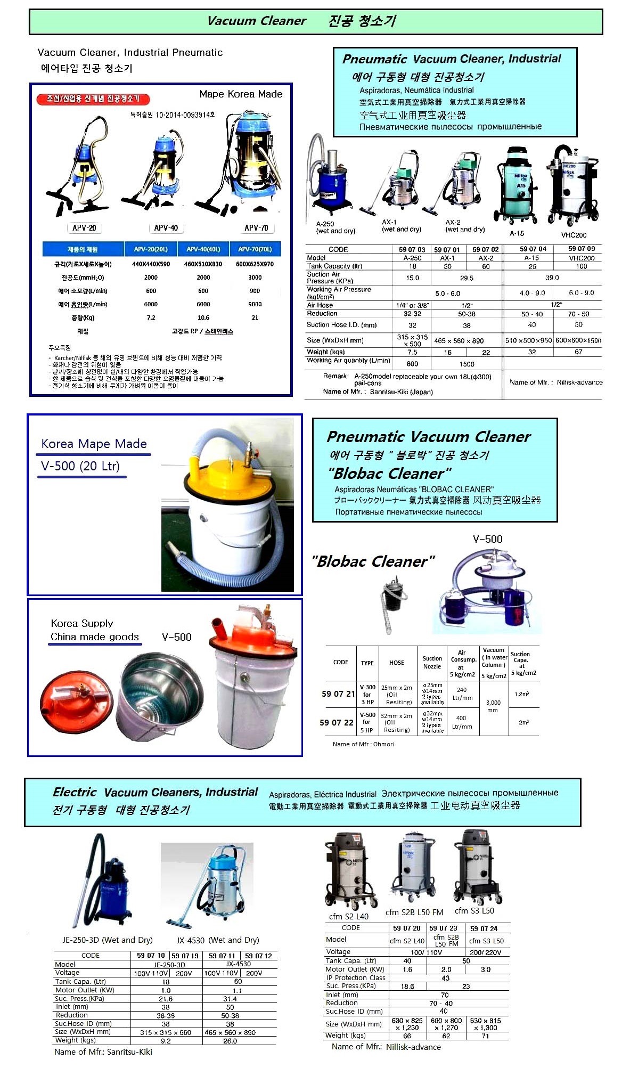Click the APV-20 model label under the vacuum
pos(84,228)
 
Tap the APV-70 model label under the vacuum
pos(256,228)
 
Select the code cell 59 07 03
pos(412,249)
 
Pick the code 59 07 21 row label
pos(338,694)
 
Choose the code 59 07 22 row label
pos(337,722)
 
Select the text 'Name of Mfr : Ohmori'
pos(363,744)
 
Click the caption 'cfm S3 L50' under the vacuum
pos(474,910)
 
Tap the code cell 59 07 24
pos(483,928)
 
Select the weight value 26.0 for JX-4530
pos(230,1040)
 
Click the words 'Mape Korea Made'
pos(241,94)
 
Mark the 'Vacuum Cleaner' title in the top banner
pos(256,21)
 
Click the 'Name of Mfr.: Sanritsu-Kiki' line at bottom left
pos(103,1051)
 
